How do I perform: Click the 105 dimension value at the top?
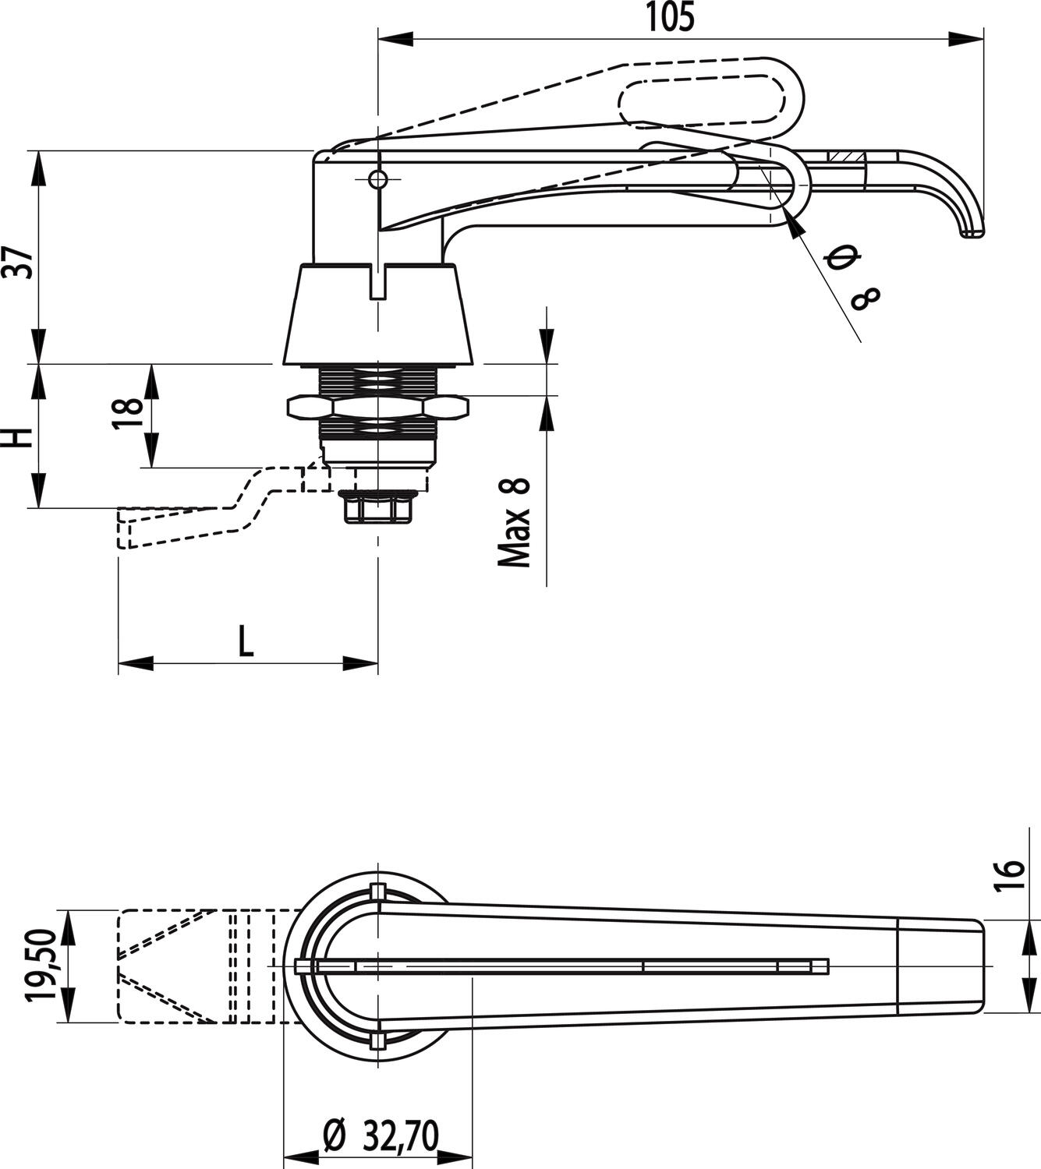tap(670, 18)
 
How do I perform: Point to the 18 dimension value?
tap(129, 414)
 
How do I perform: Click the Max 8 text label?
tap(515, 521)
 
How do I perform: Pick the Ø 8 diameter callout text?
tap(854, 277)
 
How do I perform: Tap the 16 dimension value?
tap(1010, 880)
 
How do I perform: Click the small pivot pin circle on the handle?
tap(377, 178)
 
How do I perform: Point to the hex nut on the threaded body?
tap(377, 407)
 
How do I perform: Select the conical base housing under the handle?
tap(377, 316)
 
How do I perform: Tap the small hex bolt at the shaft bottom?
tap(377, 508)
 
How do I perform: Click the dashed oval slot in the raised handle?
tap(702, 98)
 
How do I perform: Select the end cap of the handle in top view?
tap(940, 966)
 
